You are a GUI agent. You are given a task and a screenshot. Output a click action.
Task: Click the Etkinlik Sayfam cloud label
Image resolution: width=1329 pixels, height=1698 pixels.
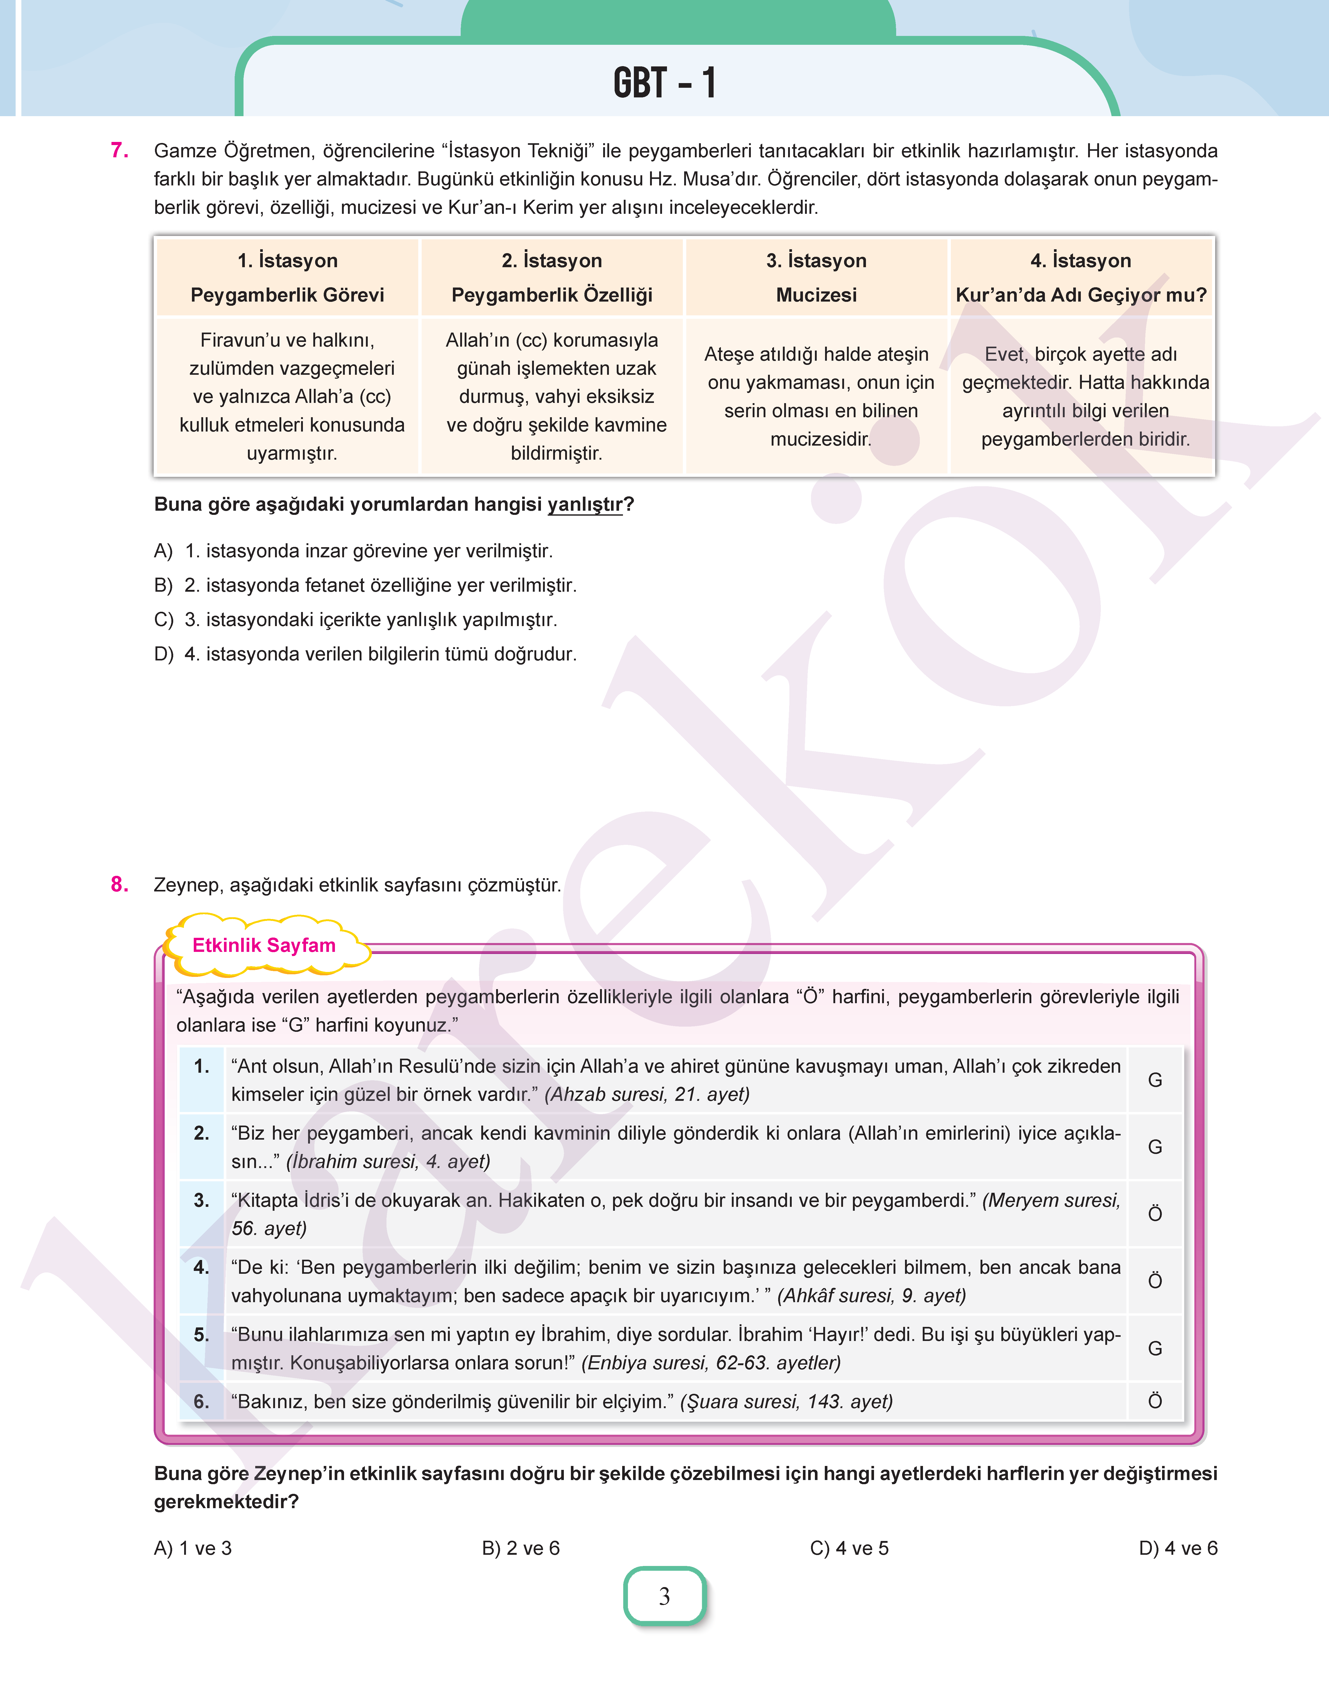point(264,946)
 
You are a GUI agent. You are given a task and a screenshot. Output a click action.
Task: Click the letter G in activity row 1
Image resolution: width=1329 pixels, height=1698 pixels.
point(1155,1080)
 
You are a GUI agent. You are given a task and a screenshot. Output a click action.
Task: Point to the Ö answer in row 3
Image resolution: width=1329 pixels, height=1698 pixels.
point(1155,1214)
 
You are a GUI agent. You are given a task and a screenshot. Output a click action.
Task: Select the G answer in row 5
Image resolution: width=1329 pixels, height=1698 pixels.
point(1155,1349)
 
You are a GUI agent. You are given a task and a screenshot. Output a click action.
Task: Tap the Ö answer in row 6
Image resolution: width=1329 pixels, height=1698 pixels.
point(1155,1402)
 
